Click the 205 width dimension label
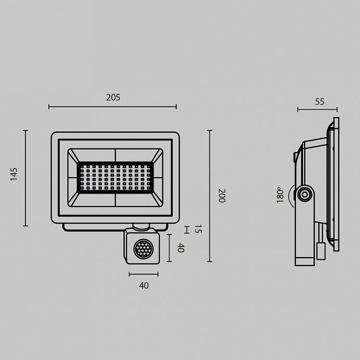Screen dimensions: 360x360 [113, 98]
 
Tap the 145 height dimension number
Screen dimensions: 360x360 [14, 174]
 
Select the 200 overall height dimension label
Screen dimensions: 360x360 [221, 195]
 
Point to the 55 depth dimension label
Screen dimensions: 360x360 [320, 102]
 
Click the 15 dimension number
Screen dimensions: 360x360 [198, 229]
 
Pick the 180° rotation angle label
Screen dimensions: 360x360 [280, 195]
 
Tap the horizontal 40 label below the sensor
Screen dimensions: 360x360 [144, 285]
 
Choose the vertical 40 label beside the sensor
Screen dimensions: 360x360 [181, 248]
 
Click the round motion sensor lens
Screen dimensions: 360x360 [143, 248]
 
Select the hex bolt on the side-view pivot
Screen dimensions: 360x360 [305, 195]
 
